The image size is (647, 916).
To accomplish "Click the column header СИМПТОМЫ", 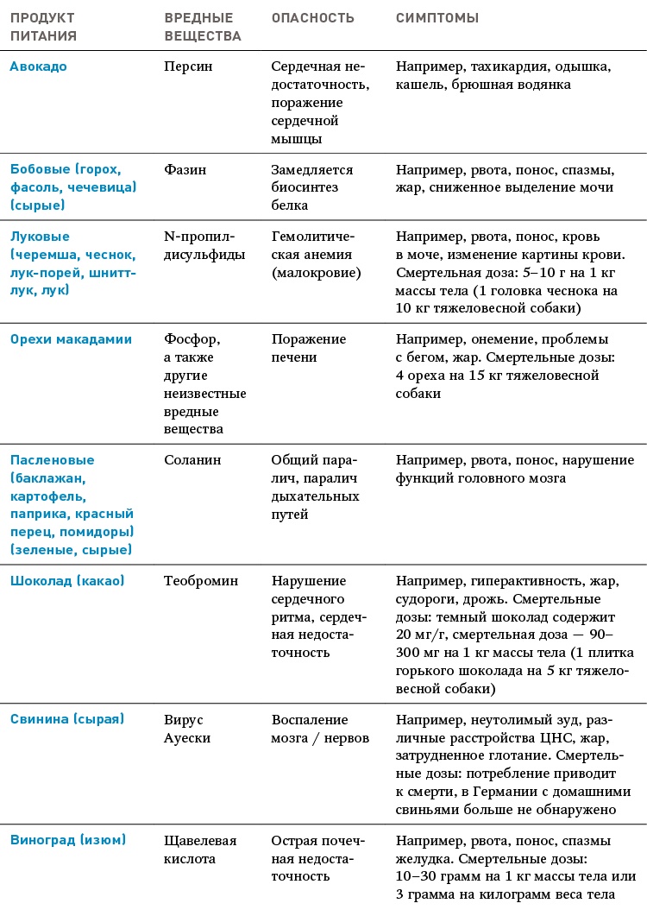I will (x=437, y=18).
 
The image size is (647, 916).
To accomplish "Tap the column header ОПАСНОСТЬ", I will (x=313, y=18).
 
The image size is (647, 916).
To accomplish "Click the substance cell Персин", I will (x=188, y=66).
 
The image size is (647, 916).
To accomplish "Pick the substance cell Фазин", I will (x=185, y=170).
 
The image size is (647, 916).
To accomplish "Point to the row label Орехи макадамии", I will (x=71, y=339).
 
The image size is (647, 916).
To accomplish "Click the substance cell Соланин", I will (x=192, y=460).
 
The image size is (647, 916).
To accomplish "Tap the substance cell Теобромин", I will (x=201, y=581).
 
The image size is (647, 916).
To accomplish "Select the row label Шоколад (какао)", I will (x=66, y=581).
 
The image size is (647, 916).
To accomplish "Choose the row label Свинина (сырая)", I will (x=66, y=719).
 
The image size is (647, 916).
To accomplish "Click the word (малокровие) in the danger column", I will (x=316, y=272).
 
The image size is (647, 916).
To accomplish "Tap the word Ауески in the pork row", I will (x=187, y=738).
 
